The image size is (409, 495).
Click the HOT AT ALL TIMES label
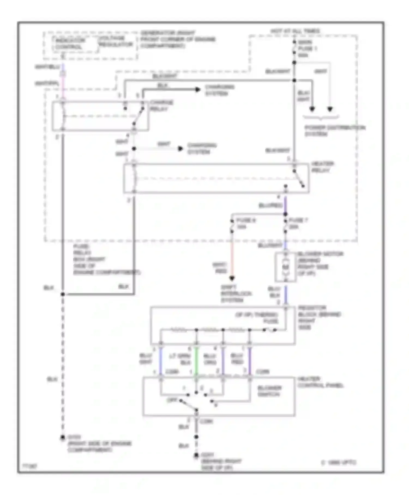click(295, 31)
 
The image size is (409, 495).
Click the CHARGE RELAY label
click(161, 106)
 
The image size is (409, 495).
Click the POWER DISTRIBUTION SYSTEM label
click(335, 131)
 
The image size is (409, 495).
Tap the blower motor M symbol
click(285, 267)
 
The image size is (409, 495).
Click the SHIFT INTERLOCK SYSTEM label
click(236, 294)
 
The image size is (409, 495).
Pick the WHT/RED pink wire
click(232, 257)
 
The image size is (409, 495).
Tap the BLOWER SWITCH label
click(269, 391)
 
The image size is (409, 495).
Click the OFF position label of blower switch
click(172, 400)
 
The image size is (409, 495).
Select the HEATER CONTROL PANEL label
click(320, 382)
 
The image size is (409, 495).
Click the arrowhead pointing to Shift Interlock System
click(232, 279)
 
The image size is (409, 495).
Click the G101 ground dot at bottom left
click(63, 437)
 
